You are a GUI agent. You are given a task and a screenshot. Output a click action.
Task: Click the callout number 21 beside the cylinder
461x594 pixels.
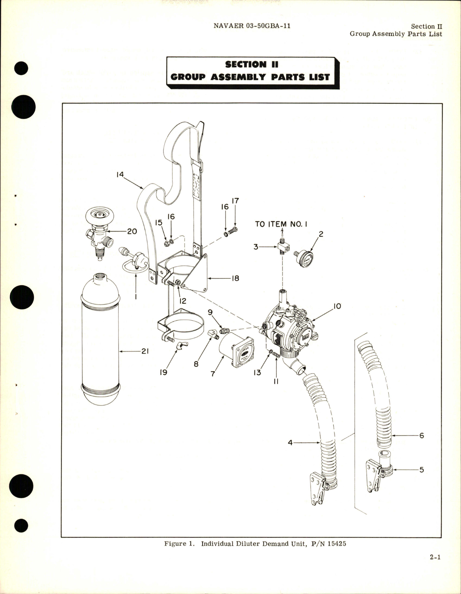pos(145,351)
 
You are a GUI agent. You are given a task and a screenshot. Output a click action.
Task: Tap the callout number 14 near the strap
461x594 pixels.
pos(120,175)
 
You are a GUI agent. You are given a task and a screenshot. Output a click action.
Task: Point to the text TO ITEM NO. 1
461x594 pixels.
pos(281,224)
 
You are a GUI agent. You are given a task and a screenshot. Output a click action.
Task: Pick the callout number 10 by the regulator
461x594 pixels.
pos(337,306)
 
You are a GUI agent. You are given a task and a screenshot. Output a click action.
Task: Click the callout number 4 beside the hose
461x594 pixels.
pos(290,442)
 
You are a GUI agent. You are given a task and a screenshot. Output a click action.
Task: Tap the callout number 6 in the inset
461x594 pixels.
pos(421,436)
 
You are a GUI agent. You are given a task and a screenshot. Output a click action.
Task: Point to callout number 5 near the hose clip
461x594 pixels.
pos(421,470)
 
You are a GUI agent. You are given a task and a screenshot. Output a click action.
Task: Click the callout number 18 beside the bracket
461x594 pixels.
pos(235,278)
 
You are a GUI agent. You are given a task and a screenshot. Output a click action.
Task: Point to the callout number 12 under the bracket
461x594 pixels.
pos(183,301)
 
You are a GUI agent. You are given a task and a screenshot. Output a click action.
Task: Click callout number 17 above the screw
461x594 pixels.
pos(235,201)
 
